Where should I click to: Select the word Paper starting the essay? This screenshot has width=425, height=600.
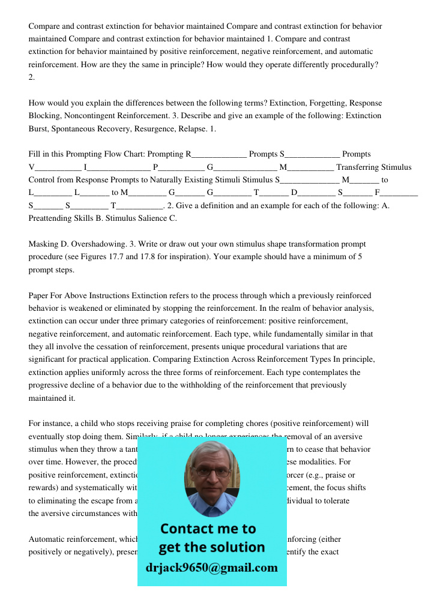40,295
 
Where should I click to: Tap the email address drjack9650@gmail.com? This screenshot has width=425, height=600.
212,568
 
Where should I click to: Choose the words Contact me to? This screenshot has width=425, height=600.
208,529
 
